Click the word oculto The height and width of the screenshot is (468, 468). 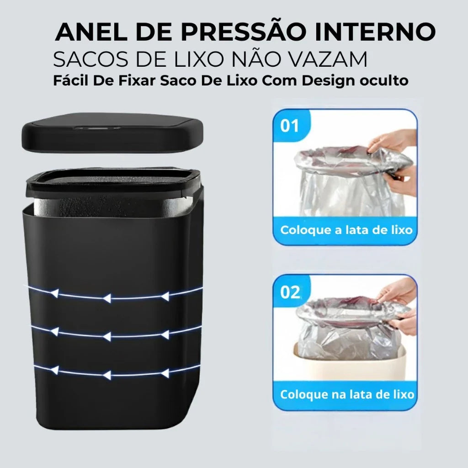[381, 81]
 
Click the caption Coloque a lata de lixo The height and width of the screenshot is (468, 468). [346, 229]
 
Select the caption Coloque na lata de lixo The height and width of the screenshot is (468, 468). [347, 394]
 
